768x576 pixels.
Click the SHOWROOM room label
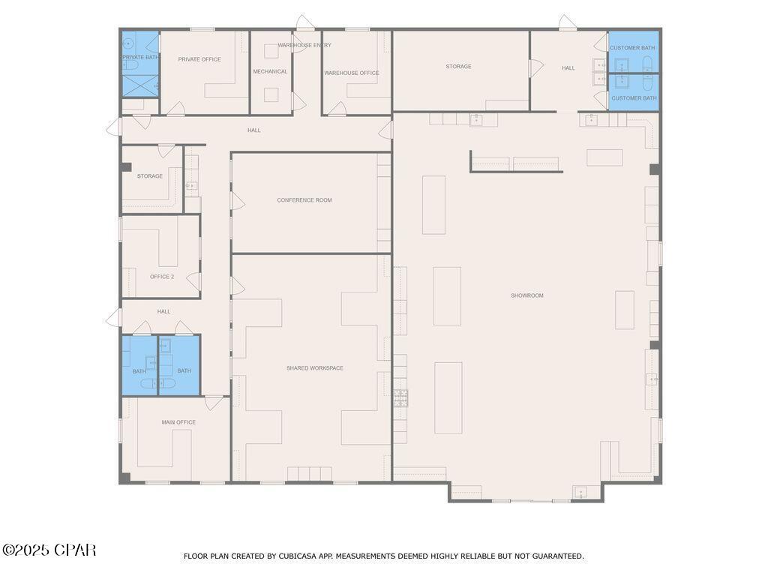[x=526, y=295]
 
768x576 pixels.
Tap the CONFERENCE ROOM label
[x=304, y=200]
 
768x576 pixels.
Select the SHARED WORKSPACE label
[x=314, y=368]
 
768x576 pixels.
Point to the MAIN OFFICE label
[x=178, y=422]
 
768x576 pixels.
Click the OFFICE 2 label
[x=161, y=277]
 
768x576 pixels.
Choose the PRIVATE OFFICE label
[x=199, y=59]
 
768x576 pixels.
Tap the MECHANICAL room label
[x=270, y=71]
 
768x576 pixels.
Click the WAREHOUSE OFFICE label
[x=351, y=73]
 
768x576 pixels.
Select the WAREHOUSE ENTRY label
[x=304, y=45]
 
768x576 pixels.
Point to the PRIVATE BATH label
[x=140, y=57]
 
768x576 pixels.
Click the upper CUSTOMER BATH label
[x=632, y=48]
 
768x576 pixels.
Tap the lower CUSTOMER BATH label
[x=634, y=98]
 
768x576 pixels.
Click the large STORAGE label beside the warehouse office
[x=458, y=67]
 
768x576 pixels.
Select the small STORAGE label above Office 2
[x=149, y=176]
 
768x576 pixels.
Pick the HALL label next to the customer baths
[x=568, y=68]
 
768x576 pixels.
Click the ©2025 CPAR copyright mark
[x=49, y=550]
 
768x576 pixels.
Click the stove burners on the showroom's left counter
[x=400, y=397]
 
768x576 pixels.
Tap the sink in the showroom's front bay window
[x=579, y=492]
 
